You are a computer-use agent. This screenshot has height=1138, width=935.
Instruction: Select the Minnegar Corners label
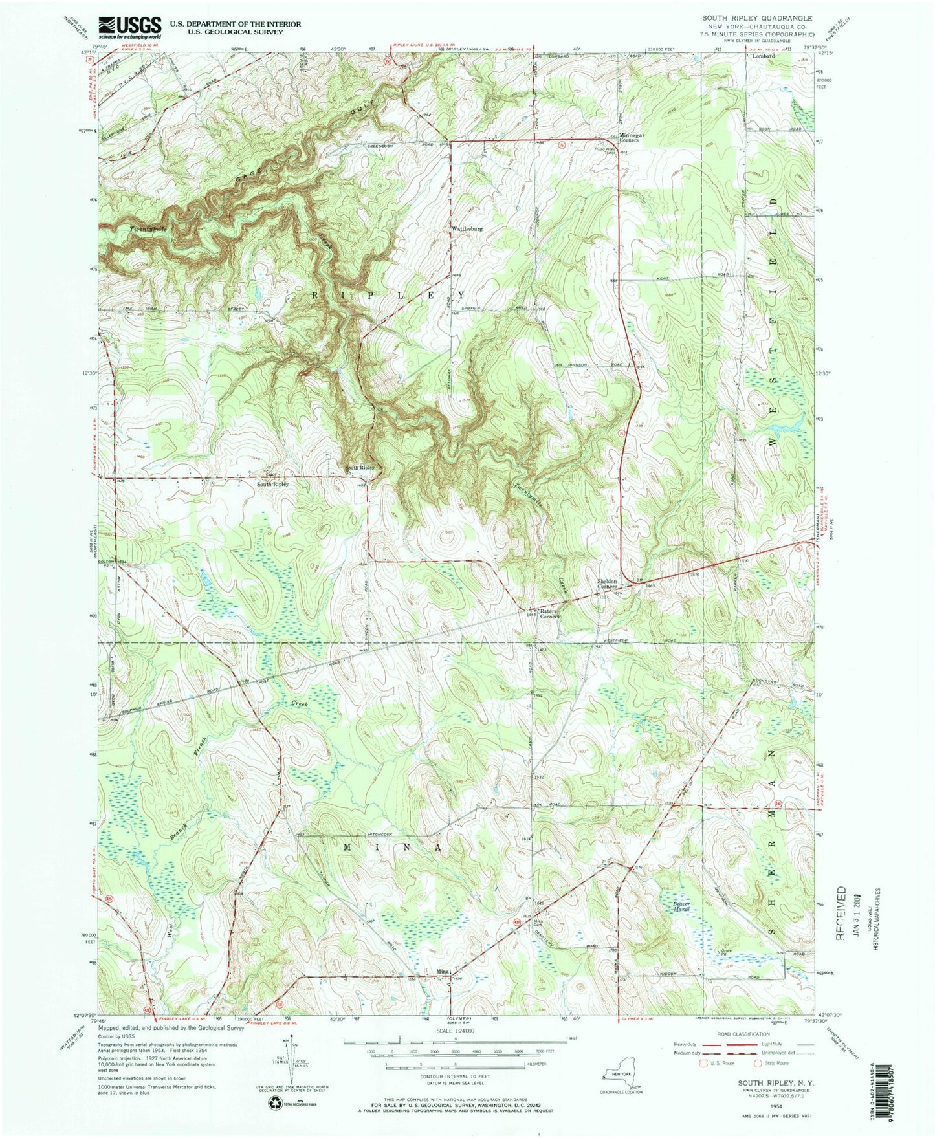pyautogui.click(x=632, y=138)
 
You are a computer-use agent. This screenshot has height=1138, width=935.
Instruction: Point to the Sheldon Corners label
pyautogui.click(x=611, y=583)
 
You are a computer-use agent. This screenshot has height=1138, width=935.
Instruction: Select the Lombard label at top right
pyautogui.click(x=763, y=56)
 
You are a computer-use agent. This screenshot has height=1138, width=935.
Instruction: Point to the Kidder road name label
pyautogui.click(x=667, y=973)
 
